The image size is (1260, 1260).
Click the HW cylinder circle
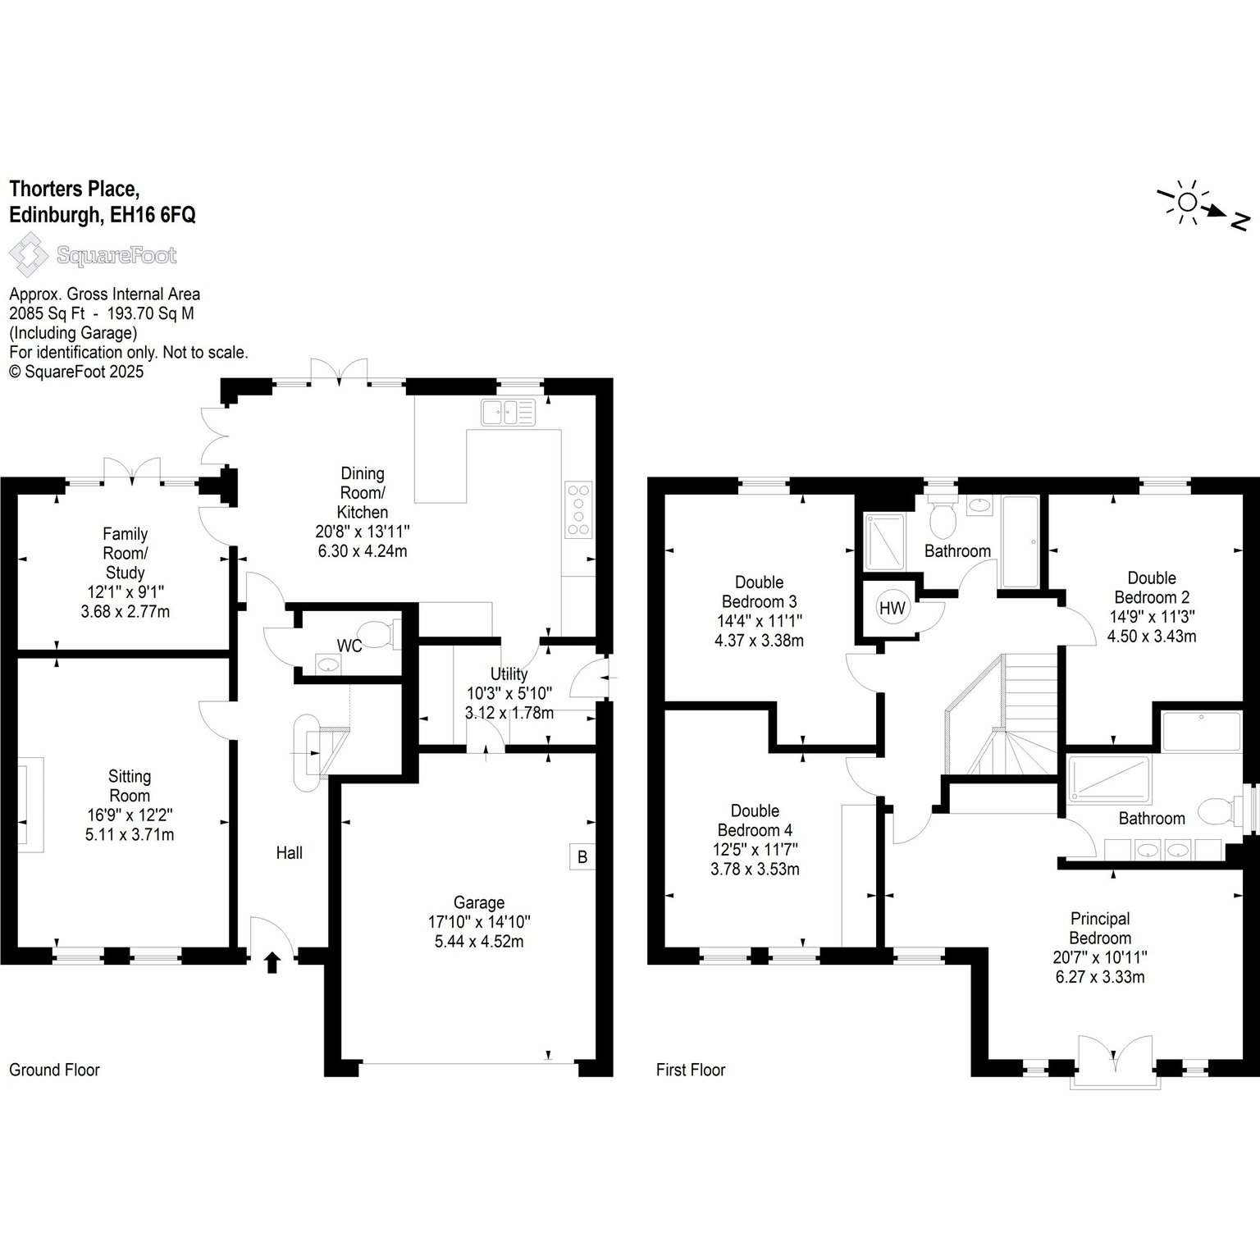892,608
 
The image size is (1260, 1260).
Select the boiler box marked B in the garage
582,857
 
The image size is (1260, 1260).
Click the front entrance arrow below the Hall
272,961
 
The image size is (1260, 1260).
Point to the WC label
349,646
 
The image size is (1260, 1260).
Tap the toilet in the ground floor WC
378,633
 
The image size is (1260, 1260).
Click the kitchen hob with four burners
577,509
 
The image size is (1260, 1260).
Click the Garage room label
479,902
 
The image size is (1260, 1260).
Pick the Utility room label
509,673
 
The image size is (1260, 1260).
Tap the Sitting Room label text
130,785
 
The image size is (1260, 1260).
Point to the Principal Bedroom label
1100,928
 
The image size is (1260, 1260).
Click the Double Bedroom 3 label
759,591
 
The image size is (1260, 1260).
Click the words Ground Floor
54,1070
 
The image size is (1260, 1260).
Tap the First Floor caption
691,1070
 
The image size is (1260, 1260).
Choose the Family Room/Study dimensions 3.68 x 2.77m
126,611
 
